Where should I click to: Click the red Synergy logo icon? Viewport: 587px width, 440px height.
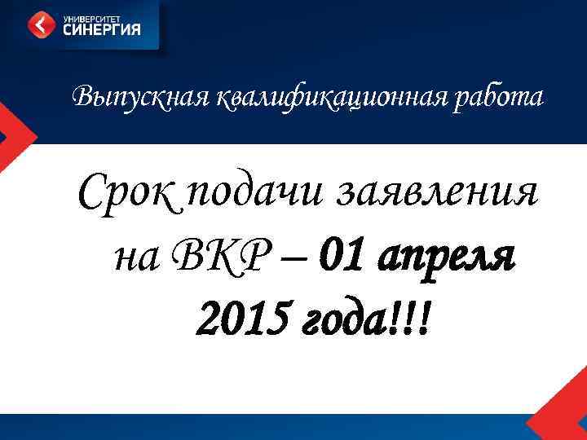pos(40,25)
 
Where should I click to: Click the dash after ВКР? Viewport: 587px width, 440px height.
pos(290,259)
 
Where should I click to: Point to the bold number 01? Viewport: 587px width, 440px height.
pos(341,257)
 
